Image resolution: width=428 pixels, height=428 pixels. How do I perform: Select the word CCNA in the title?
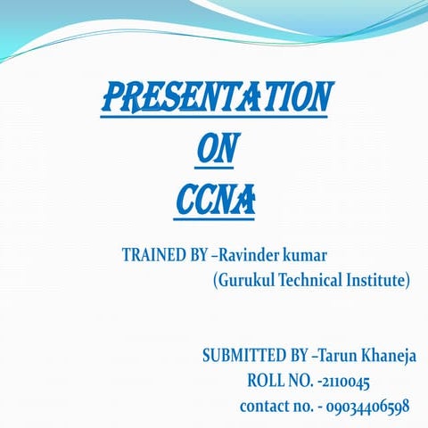[x=215, y=201]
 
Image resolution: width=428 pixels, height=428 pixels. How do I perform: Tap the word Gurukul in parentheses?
[x=246, y=281]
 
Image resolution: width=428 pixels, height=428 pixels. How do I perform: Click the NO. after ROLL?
[x=300, y=382]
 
